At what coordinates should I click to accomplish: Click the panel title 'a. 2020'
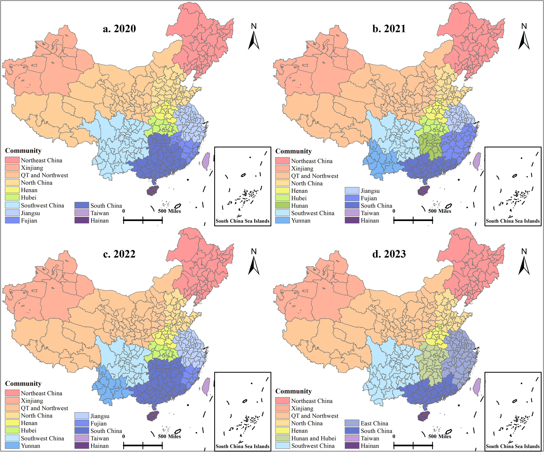pos(119,29)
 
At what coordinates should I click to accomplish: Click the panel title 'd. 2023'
pos(389,254)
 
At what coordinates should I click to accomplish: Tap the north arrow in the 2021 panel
pos(524,41)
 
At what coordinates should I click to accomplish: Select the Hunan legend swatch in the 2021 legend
pos(282,206)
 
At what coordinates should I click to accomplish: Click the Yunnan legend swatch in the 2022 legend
pos(12,445)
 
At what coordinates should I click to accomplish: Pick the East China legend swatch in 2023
pos(352,423)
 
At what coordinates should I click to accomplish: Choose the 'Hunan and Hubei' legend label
pos(314,438)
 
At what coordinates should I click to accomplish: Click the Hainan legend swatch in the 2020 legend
pos(82,220)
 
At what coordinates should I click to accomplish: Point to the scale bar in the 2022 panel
pos(143,445)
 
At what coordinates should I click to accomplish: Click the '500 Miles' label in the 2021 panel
pos(440,211)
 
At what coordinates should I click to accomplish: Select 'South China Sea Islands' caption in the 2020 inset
pos(243,221)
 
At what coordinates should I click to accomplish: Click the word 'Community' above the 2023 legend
pos(293,391)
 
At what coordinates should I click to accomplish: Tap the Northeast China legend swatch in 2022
pos(12,393)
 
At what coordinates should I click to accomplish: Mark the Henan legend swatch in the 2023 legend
pos(282,431)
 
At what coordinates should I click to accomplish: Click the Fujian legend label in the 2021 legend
pos(369,198)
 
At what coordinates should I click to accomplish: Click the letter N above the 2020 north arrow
pos(254,26)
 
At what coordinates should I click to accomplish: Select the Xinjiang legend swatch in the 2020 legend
pos(12,168)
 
